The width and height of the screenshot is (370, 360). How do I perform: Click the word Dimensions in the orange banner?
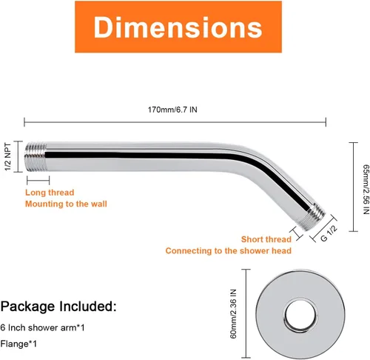point(178,27)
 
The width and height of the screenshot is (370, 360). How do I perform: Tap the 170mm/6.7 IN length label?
point(172,110)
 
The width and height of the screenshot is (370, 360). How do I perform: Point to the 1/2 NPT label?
point(8,156)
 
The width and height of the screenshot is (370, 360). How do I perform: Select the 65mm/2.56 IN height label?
point(366,189)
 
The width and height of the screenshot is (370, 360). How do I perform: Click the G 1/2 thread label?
point(329,233)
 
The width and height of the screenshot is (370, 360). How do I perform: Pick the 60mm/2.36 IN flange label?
point(233,313)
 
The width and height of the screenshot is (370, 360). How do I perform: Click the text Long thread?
point(50,193)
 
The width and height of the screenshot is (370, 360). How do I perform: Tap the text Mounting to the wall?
point(66,204)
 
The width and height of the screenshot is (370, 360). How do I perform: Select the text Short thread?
point(266,239)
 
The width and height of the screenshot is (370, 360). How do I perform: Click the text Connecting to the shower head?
point(229,251)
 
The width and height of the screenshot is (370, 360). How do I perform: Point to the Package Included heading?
point(58,306)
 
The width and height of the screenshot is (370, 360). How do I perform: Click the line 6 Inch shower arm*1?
point(42,327)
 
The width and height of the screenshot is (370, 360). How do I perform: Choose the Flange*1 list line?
point(18,344)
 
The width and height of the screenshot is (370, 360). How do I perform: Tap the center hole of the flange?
point(300,316)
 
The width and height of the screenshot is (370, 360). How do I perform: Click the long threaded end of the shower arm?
point(36,157)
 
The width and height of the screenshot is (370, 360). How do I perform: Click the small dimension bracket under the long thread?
point(38,180)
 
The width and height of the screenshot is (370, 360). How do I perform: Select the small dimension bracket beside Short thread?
point(297,233)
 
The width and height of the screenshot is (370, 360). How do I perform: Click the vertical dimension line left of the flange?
point(246,313)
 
